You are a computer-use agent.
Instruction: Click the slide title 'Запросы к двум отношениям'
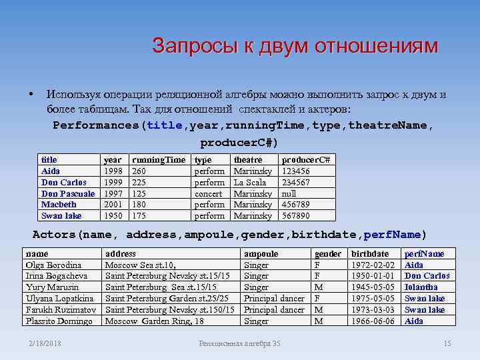(295, 46)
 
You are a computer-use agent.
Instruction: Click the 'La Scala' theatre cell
(250, 182)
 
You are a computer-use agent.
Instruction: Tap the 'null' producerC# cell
(291, 193)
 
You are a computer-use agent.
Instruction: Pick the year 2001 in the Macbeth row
(113, 205)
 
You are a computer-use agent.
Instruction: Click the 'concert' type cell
(208, 193)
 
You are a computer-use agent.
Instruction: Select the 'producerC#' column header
(307, 160)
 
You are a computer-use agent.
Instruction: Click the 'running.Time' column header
(159, 160)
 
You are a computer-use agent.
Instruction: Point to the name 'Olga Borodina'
(53, 265)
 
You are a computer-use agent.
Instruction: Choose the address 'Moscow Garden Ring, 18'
(155, 321)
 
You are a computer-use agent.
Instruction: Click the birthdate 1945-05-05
(373, 287)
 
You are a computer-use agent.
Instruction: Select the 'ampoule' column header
(261, 253)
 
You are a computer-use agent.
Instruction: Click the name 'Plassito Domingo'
(59, 321)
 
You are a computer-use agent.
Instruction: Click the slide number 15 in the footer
(447, 343)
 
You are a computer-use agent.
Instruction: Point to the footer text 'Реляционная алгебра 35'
(240, 343)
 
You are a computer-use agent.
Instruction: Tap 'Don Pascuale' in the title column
(68, 193)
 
